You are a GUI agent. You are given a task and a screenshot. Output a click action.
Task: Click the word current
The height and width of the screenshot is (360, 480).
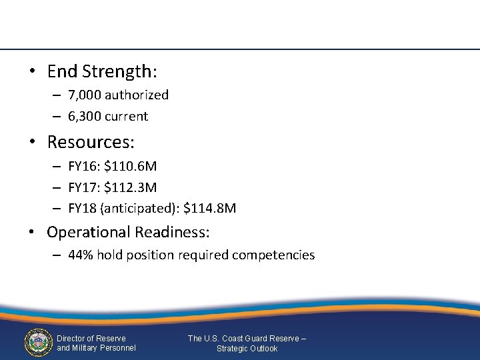[x=129, y=116]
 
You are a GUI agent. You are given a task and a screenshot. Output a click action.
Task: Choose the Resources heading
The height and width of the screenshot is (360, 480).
[x=91, y=142]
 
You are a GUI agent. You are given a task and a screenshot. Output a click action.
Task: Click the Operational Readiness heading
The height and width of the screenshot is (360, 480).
[x=128, y=232]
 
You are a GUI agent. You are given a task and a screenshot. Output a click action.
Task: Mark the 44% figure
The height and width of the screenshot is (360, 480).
[x=80, y=255]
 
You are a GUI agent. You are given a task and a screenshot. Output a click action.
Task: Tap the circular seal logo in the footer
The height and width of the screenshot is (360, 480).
[x=38, y=343]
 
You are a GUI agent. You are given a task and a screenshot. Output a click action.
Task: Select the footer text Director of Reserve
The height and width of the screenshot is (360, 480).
[x=91, y=339]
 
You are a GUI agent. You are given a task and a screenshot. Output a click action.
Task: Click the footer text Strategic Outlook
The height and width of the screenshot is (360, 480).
[x=247, y=349]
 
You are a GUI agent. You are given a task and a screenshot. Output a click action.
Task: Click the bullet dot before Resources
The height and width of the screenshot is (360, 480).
[x=32, y=143]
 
